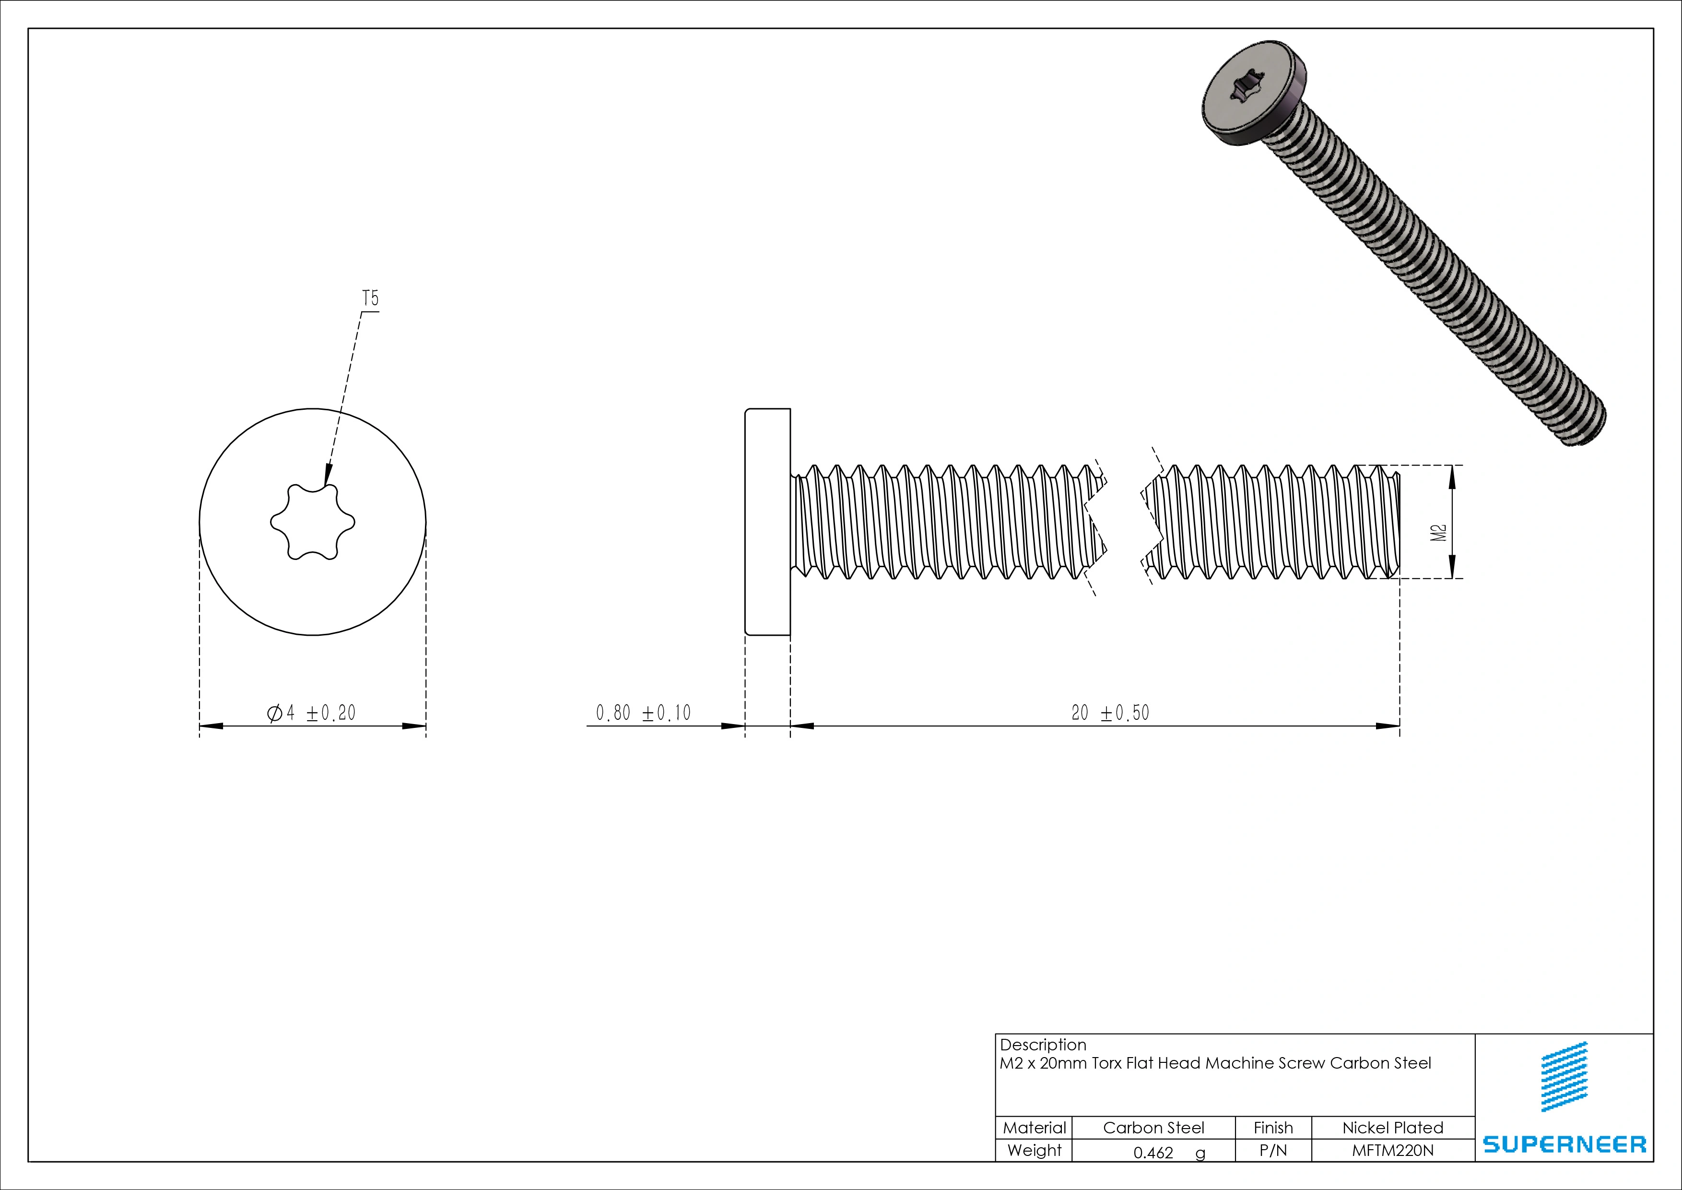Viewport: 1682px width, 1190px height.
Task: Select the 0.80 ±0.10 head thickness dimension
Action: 643,712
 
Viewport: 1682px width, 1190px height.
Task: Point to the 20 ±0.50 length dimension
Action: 1110,712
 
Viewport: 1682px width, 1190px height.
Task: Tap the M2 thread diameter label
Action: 1439,533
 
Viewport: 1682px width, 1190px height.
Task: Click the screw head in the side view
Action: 767,521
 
